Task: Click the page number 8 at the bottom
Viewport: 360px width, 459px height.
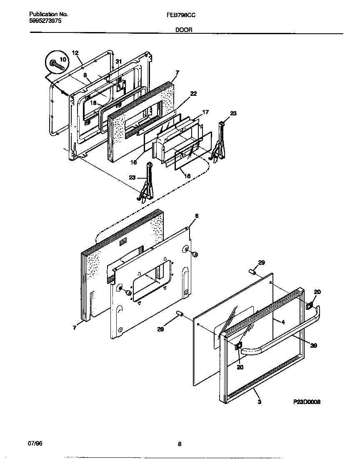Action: point(180,444)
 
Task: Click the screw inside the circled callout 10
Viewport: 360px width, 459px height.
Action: point(54,64)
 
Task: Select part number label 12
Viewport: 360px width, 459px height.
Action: point(75,53)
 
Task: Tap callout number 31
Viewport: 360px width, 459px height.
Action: point(119,62)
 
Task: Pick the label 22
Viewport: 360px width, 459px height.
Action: point(193,93)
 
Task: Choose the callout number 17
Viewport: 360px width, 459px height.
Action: point(205,112)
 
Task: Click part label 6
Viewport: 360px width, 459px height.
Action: point(197,216)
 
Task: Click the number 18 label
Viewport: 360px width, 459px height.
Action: point(93,102)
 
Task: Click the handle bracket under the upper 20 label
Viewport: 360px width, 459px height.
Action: point(310,306)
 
